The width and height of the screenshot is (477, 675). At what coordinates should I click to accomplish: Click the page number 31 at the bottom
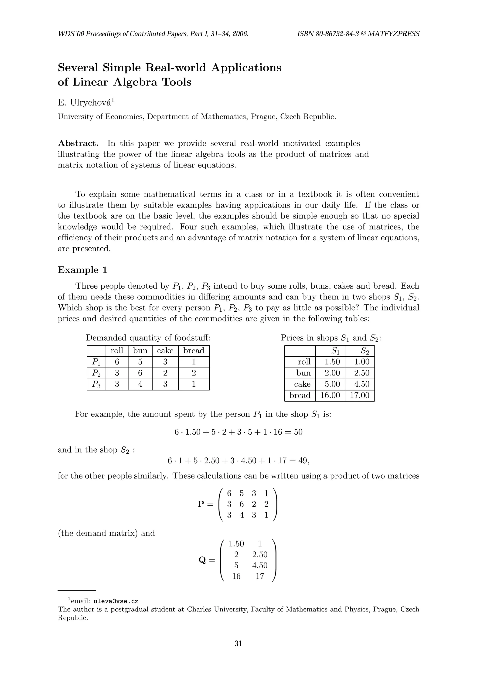pyautogui.click(x=238, y=644)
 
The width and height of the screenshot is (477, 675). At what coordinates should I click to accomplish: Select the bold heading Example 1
pyautogui.click(x=83, y=270)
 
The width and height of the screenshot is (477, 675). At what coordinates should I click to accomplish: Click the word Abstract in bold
pyautogui.click(x=78, y=143)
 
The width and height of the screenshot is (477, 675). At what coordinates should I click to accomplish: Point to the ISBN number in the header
pyautogui.click(x=328, y=34)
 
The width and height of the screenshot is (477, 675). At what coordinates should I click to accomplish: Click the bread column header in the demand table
pyautogui.click(x=194, y=351)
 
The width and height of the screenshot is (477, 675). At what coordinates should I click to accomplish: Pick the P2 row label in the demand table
pyautogui.click(x=96, y=373)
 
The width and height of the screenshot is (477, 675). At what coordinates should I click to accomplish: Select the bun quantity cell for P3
pyautogui.click(x=140, y=384)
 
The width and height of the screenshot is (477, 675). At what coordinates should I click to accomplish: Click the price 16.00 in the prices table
pyautogui.click(x=330, y=395)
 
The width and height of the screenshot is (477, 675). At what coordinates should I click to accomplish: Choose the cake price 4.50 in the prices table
pyautogui.click(x=359, y=384)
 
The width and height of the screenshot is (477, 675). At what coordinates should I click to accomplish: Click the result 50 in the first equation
pyautogui.click(x=298, y=432)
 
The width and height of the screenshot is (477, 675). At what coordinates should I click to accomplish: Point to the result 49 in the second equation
pyautogui.click(x=303, y=461)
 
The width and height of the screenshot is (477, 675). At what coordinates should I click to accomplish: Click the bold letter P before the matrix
pyautogui.click(x=201, y=504)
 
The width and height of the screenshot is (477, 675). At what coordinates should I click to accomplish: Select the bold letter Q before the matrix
pyautogui.click(x=202, y=560)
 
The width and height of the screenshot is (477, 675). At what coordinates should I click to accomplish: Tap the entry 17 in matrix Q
pyautogui.click(x=260, y=576)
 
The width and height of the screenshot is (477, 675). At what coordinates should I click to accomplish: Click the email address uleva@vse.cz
pyautogui.click(x=116, y=601)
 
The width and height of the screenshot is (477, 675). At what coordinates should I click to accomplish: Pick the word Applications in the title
pyautogui.click(x=246, y=68)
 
